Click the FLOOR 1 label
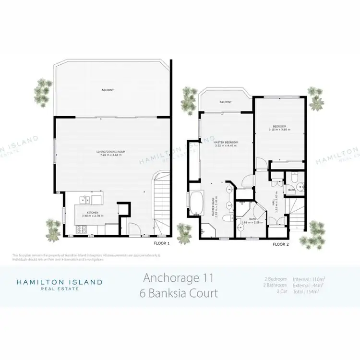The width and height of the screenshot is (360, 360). pos(162,243)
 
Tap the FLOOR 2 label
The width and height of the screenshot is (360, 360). pos(281,244)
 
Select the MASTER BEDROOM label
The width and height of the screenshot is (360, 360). pos(226,143)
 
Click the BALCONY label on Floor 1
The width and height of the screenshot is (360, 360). pos(108,90)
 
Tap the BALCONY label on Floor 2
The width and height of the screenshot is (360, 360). pos(226,102)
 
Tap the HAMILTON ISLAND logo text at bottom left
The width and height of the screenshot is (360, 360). pos(60,282)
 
